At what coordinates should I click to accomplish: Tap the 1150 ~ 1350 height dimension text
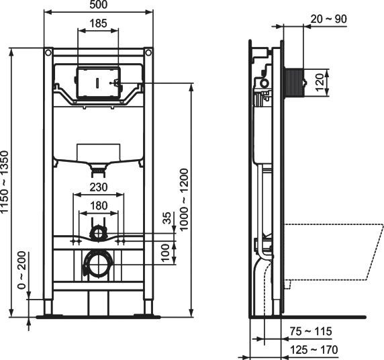pos(6,181)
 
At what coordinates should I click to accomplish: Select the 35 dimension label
pos(168,219)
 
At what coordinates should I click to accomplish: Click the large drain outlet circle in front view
pos(98,265)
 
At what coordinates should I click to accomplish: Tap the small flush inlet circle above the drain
pos(99,233)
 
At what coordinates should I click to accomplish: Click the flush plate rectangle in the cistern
pos(98,84)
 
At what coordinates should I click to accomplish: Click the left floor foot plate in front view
pos(48,314)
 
